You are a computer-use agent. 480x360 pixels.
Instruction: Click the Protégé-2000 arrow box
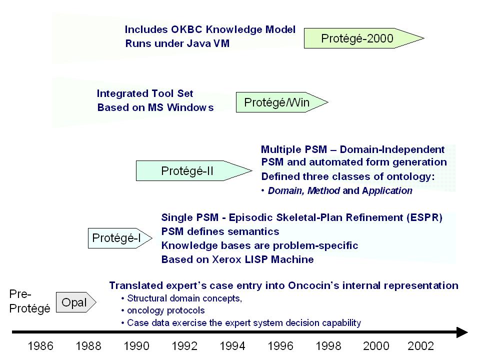363,38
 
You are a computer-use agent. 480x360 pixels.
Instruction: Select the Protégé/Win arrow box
281,102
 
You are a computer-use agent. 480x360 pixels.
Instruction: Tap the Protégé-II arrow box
194,171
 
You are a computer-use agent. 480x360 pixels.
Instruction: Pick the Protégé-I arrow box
119,238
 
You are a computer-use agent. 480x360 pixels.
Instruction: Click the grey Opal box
76,302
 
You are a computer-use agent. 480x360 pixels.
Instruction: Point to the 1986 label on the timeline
40,346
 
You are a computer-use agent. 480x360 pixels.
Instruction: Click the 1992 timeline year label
184,346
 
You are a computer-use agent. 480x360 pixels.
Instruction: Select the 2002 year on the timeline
420,346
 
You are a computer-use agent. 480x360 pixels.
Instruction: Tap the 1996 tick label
280,346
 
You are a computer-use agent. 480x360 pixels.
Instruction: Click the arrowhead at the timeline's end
462,332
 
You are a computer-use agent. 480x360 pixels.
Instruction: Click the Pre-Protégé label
29,301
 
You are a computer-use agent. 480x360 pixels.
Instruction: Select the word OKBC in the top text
186,29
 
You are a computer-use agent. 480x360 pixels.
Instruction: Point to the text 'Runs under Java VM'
177,43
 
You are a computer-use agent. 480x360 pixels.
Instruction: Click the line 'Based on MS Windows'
155,107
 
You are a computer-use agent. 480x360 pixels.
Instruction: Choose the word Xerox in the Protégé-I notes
227,259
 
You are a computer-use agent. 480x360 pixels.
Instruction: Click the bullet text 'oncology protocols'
166,310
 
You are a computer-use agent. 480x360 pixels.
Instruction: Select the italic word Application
387,190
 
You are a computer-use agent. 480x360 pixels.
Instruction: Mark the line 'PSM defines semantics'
220,231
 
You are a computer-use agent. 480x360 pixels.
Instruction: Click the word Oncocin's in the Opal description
313,285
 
